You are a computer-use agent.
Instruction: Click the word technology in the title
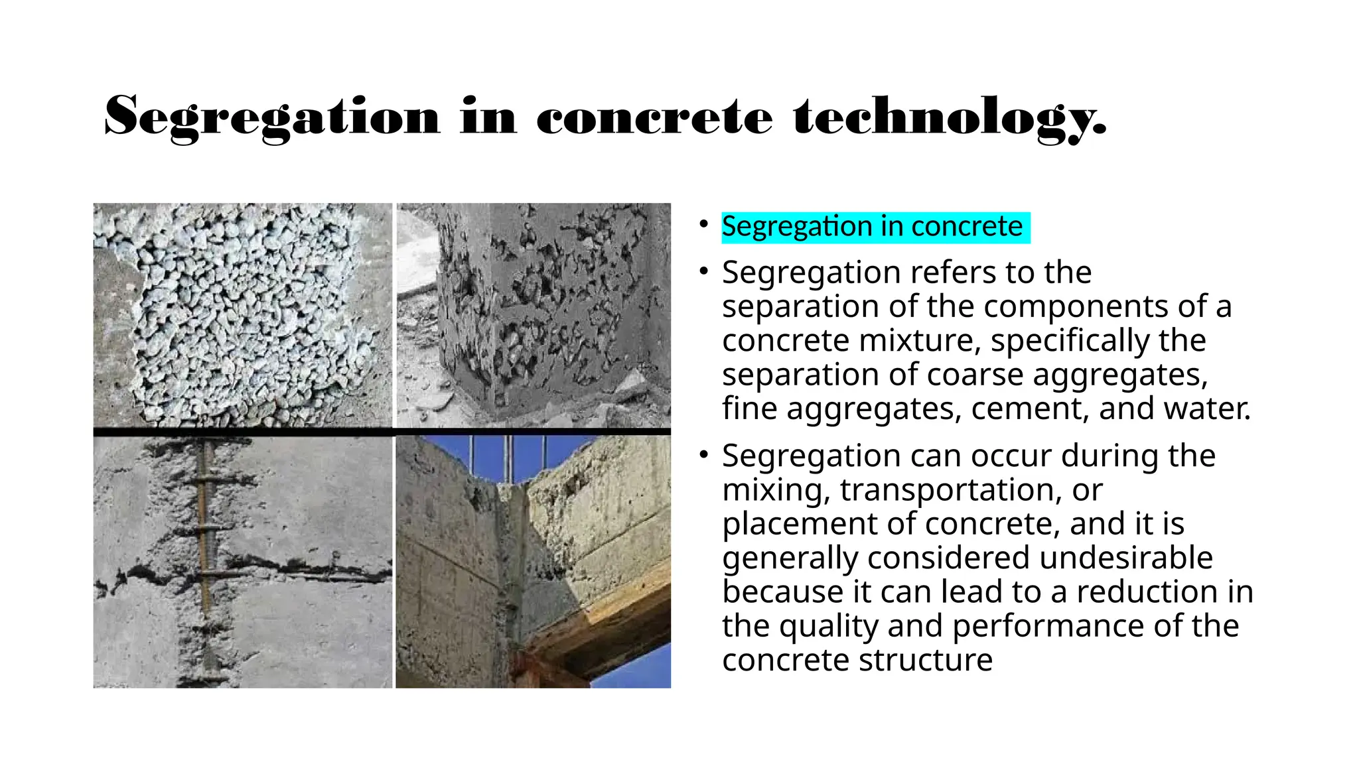[949, 117]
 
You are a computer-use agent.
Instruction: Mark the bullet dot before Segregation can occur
[704, 456]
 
